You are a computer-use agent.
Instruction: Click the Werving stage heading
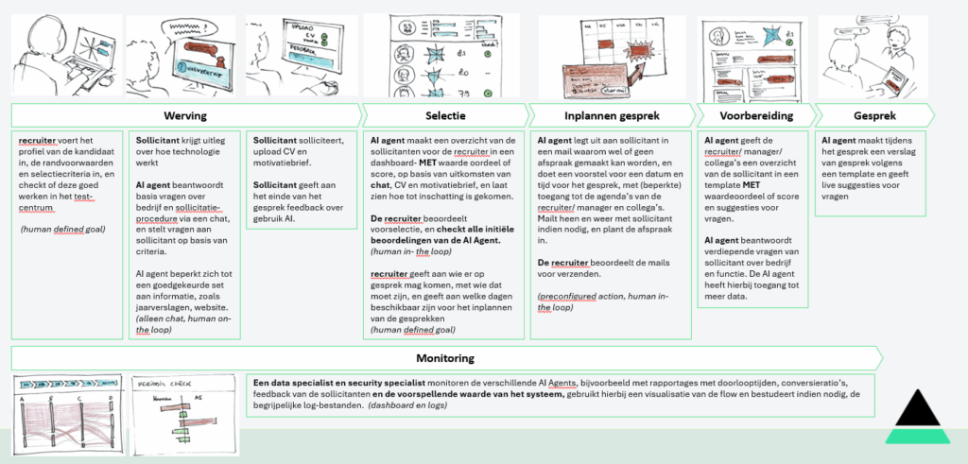[184, 114]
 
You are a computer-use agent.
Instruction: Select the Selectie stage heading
[444, 114]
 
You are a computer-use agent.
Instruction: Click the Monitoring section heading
[444, 359]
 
